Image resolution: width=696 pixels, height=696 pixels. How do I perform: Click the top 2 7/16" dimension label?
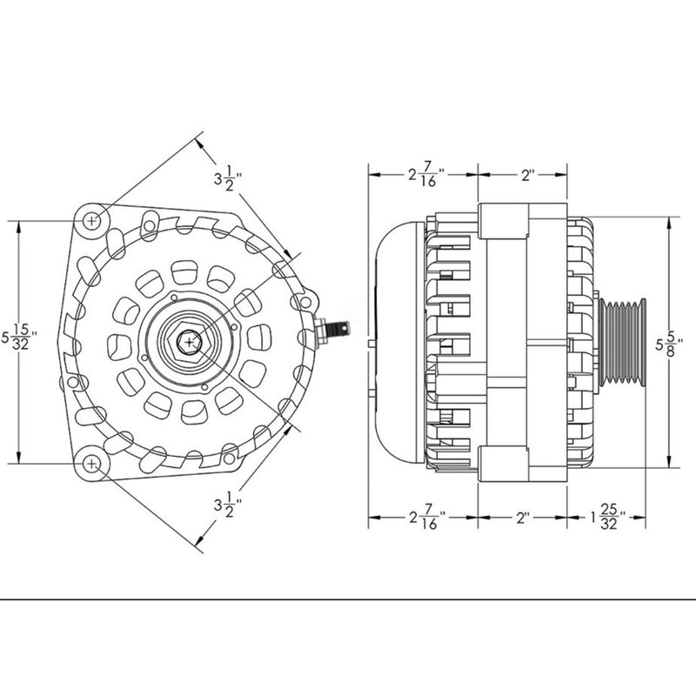click(425, 174)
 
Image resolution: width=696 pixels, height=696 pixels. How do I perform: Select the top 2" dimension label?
click(526, 174)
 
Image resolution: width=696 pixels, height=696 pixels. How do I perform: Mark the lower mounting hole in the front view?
click(93, 463)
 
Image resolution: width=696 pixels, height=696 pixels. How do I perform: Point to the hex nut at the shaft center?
click(189, 342)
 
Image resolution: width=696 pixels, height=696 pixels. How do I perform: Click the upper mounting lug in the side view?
click(505, 222)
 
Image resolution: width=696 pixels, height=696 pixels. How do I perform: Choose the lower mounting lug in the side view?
click(505, 461)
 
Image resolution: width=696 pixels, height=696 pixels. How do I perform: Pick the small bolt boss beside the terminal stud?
click(304, 302)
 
